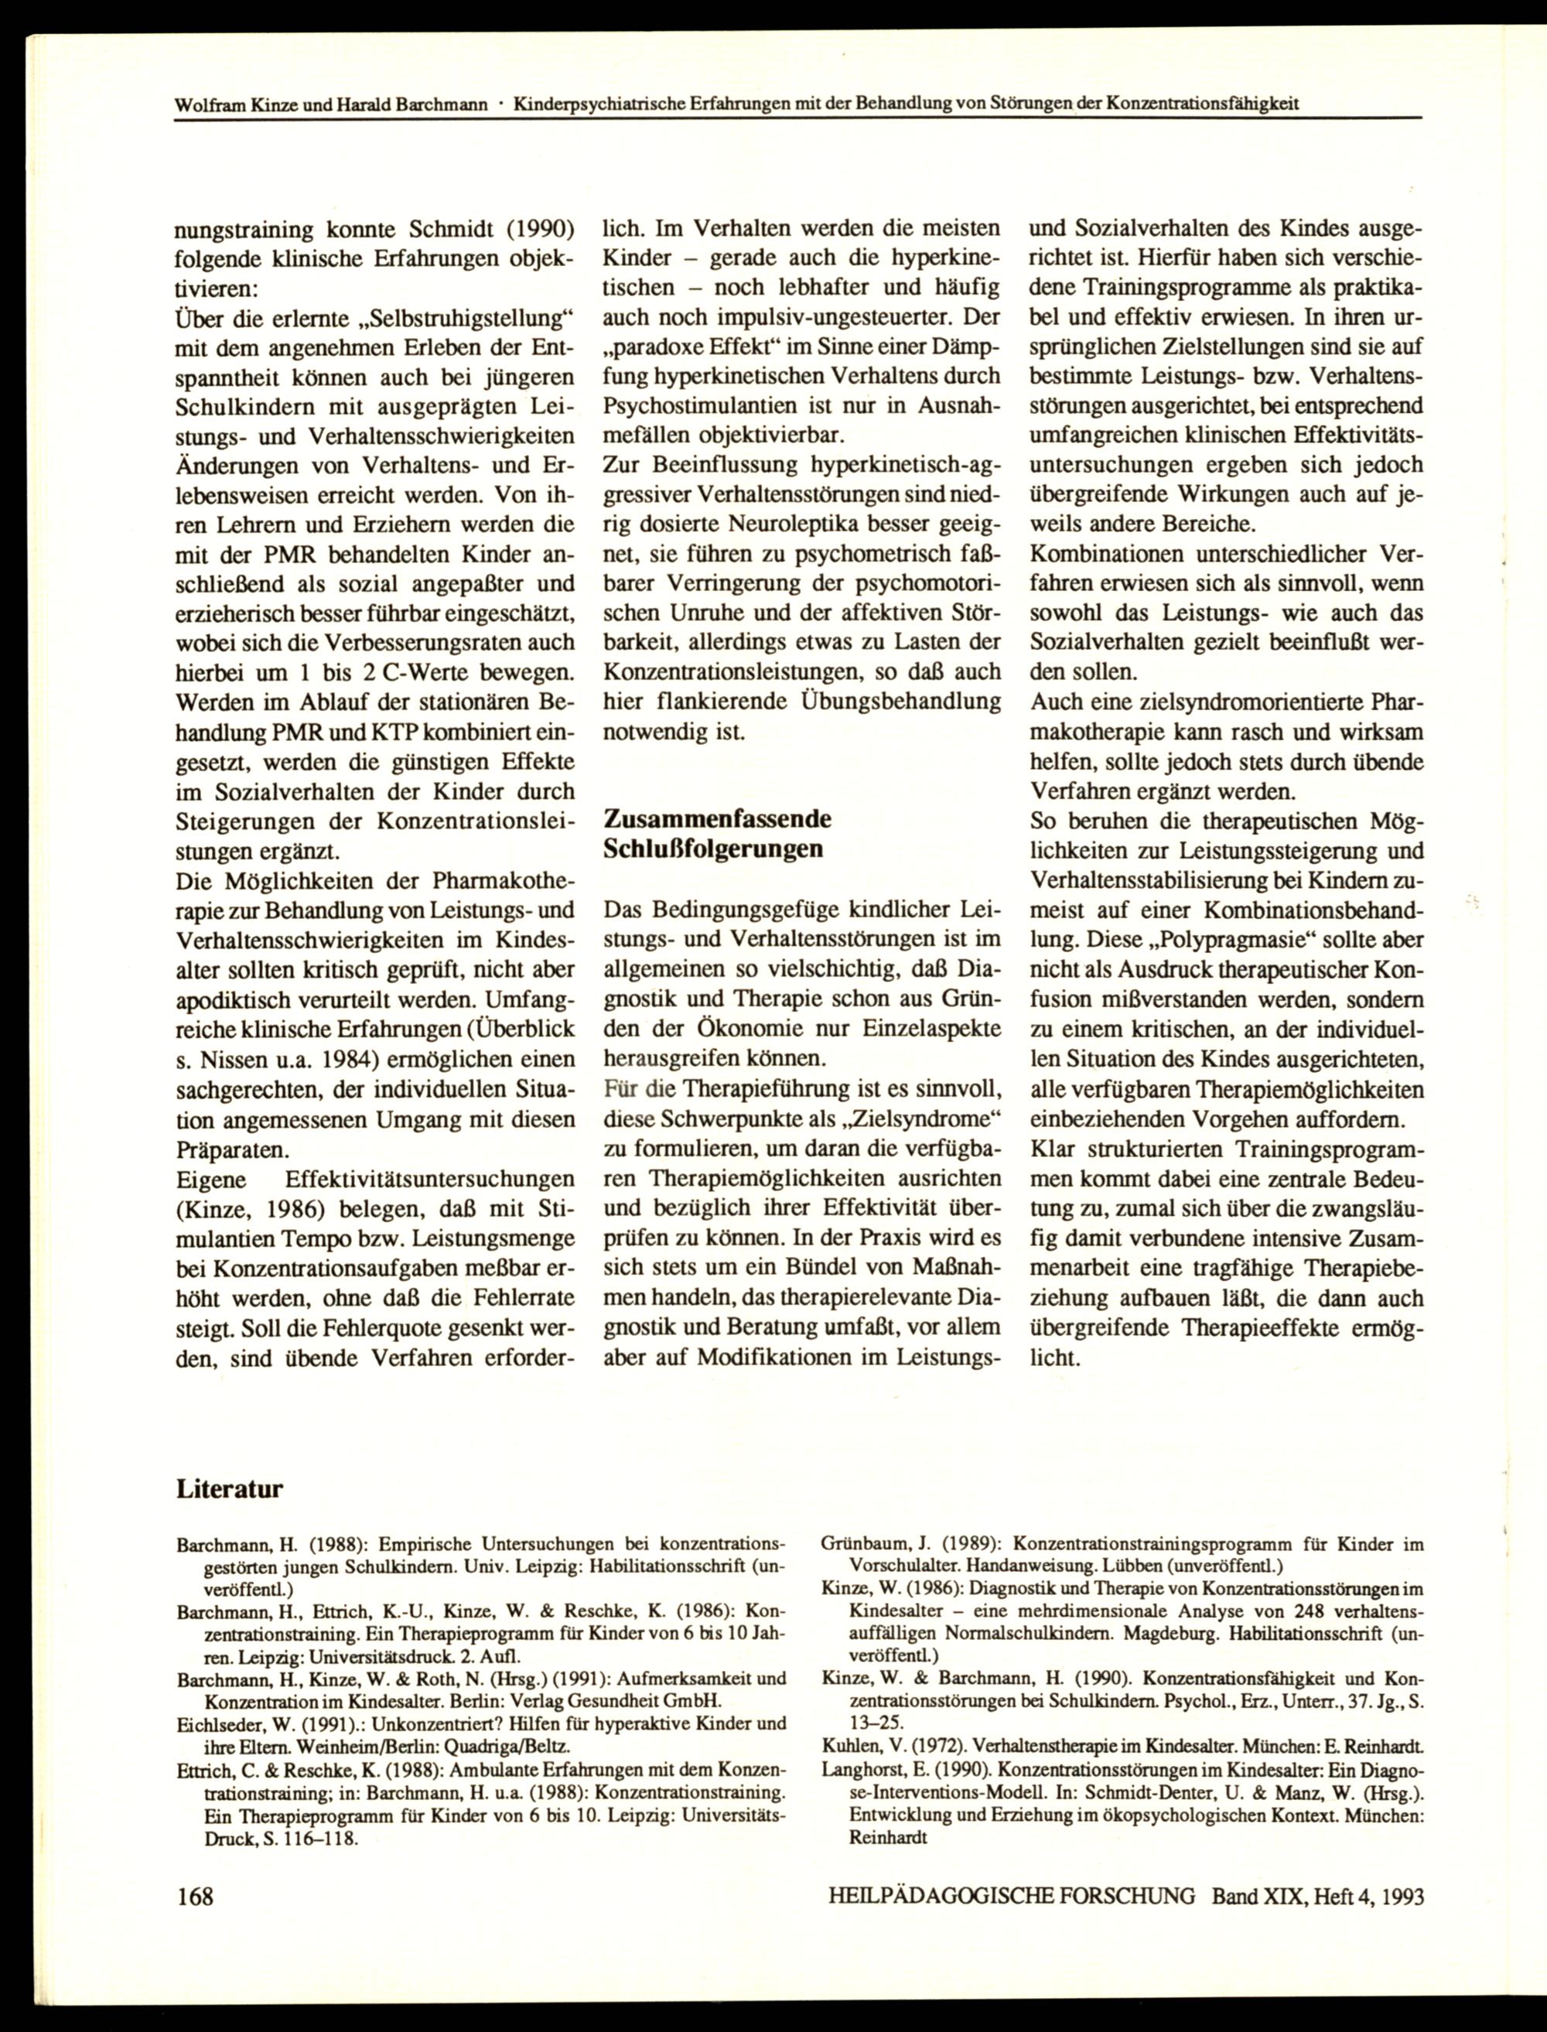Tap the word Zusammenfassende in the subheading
tap(716, 818)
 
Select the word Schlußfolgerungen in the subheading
tap(712, 849)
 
